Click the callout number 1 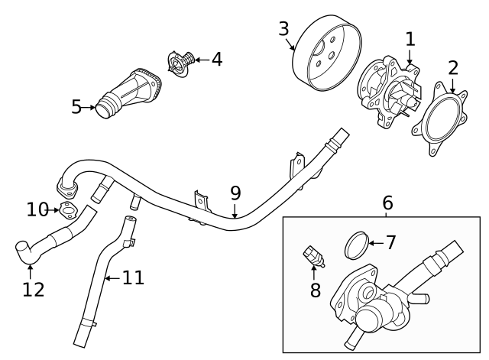[x=410, y=38]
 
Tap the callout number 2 [x=453, y=67]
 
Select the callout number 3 [x=283, y=30]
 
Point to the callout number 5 [x=76, y=107]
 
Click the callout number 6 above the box [x=387, y=203]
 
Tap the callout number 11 [x=133, y=277]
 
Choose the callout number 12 [x=34, y=289]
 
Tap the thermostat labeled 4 [x=178, y=62]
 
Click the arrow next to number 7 [x=374, y=244]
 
